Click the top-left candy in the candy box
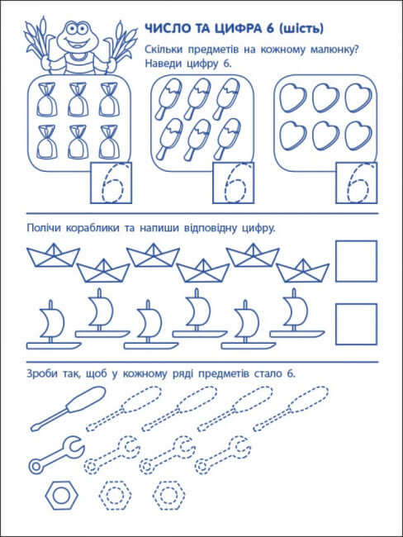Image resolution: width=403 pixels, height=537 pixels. coord(48,99)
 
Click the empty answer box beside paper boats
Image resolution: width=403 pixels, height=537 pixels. coord(356,262)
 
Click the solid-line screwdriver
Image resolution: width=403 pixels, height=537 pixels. coord(60,410)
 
